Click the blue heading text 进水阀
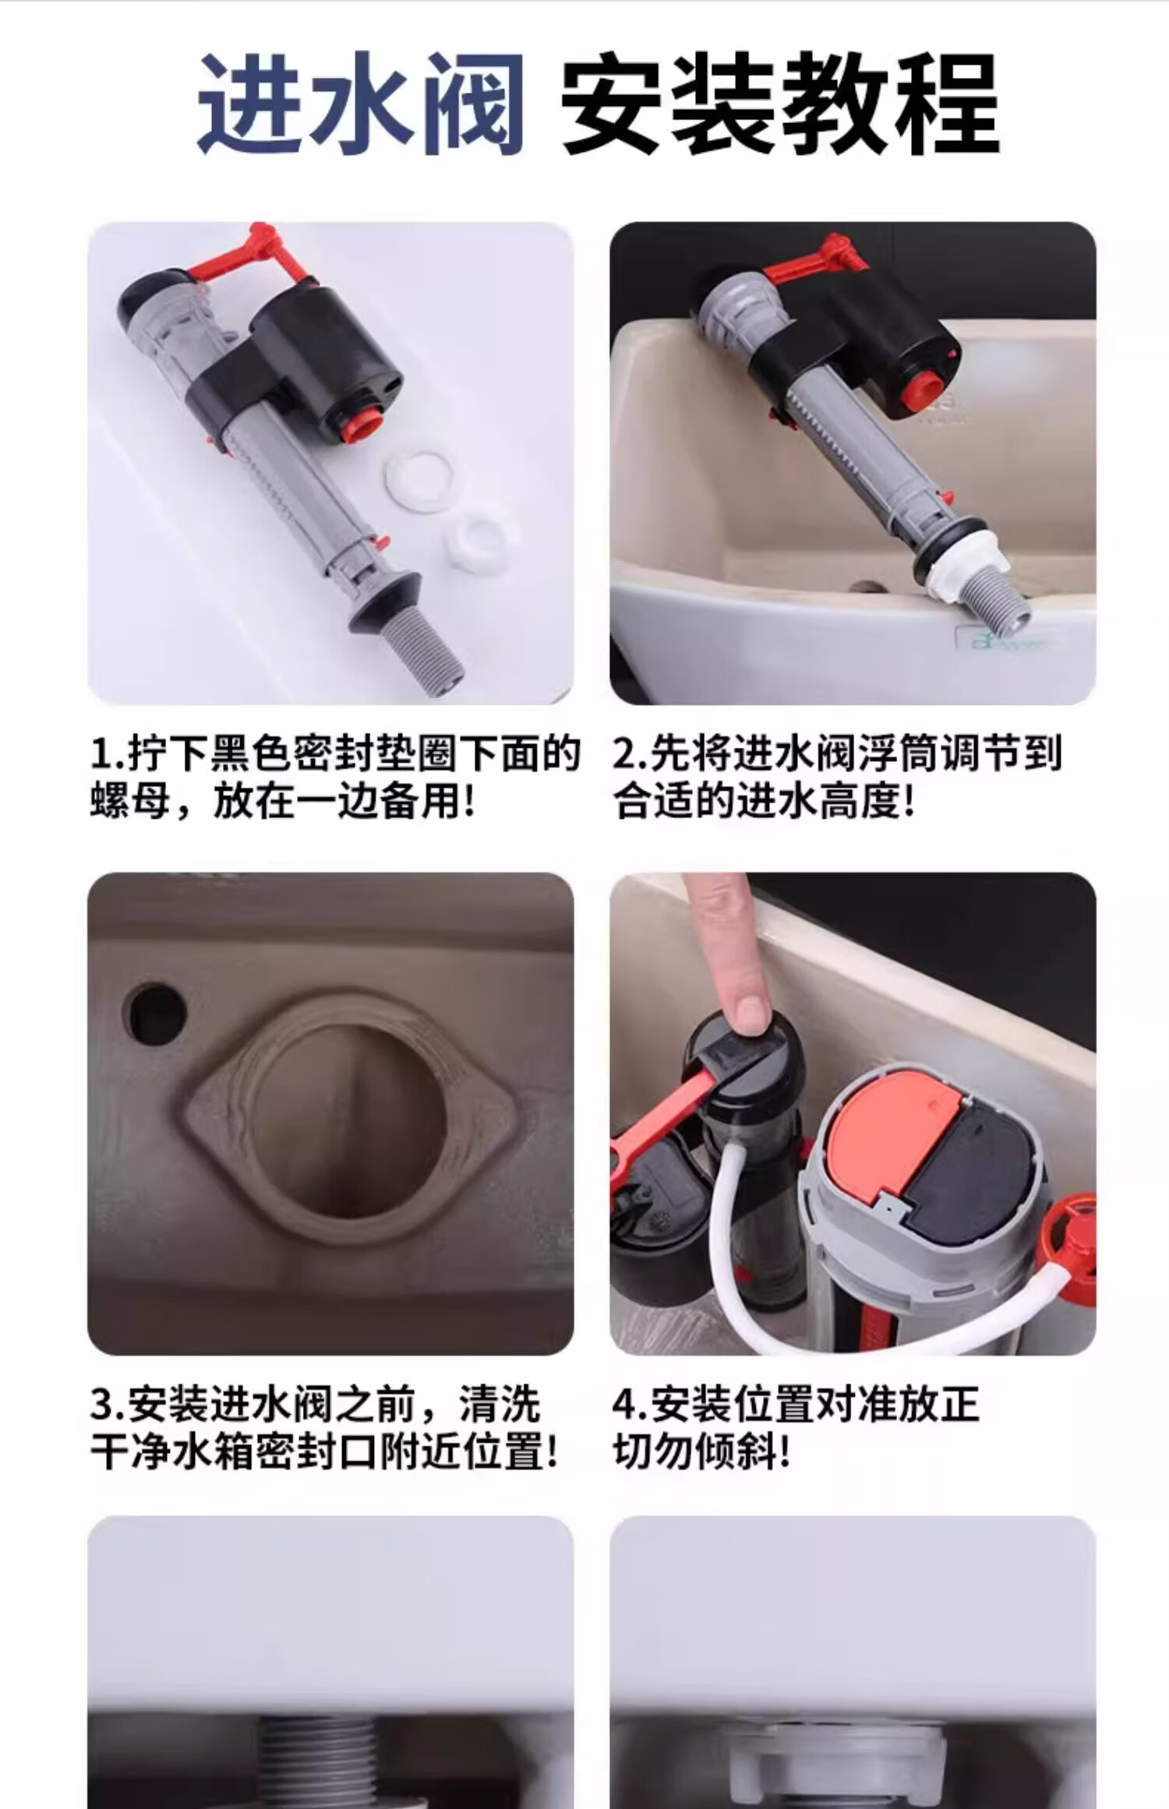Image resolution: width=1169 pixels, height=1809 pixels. tap(360, 104)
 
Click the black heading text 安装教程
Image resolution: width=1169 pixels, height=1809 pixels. tap(781, 104)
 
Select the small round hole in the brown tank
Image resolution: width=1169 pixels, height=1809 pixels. tap(155, 1014)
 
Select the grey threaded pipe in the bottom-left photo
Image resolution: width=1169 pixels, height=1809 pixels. tap(317, 1773)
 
